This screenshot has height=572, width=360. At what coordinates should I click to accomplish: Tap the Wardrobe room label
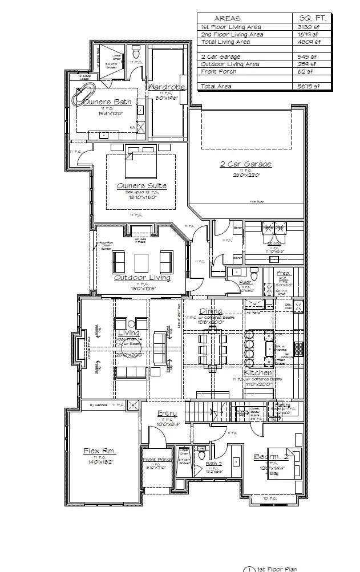165,87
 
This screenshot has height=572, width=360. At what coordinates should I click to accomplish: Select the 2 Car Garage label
246,164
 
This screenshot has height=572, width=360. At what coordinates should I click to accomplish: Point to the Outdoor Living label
142,278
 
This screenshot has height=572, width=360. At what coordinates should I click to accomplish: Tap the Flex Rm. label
99,451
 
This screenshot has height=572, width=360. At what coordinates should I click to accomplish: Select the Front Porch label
157,460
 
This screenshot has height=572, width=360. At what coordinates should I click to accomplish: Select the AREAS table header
227,18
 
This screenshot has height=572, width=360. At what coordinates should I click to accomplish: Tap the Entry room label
167,413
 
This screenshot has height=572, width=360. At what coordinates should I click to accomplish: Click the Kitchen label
258,373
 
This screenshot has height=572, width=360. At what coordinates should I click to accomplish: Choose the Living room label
129,333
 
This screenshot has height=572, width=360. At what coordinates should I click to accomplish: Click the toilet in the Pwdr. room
254,276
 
